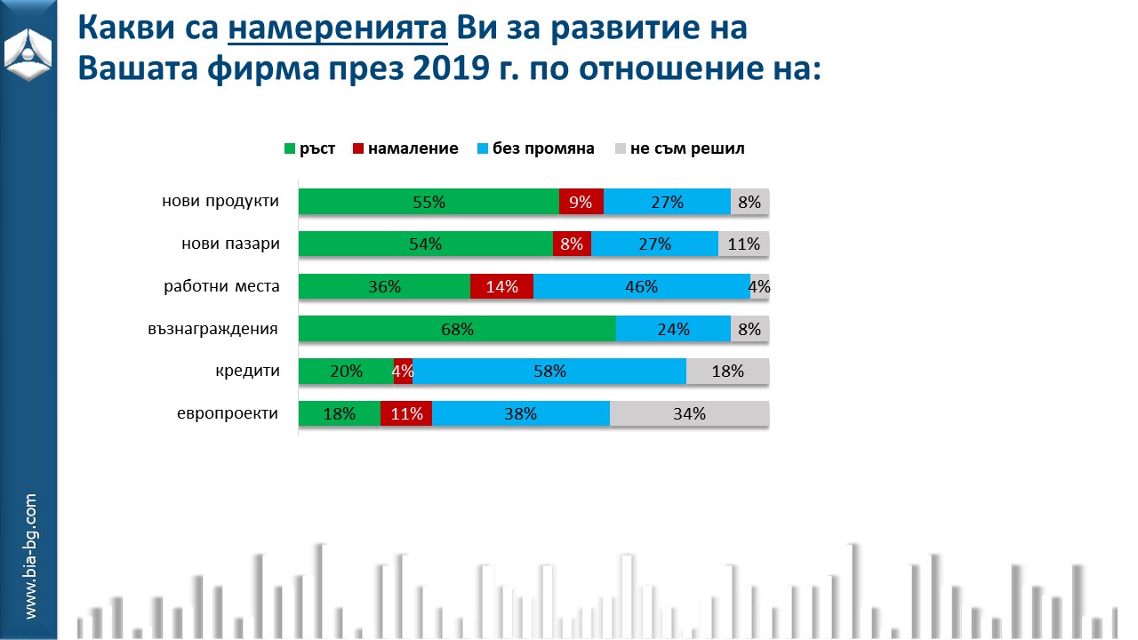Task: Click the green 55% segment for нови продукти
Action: click(429, 202)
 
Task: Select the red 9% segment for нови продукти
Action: click(581, 202)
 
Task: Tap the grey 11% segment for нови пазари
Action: click(743, 244)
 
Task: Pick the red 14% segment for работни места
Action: click(501, 286)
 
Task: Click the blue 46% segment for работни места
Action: click(641, 286)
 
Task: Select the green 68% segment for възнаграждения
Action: click(457, 329)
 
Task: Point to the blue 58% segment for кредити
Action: click(549, 372)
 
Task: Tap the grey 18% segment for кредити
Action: click(727, 372)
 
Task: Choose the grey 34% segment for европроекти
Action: click(689, 413)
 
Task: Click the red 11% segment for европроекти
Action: click(406, 413)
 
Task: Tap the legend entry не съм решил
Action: click(679, 148)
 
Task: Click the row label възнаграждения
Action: click(213, 329)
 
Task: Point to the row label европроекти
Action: click(228, 413)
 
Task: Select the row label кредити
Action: click(248, 372)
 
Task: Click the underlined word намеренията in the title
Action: click(339, 29)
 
